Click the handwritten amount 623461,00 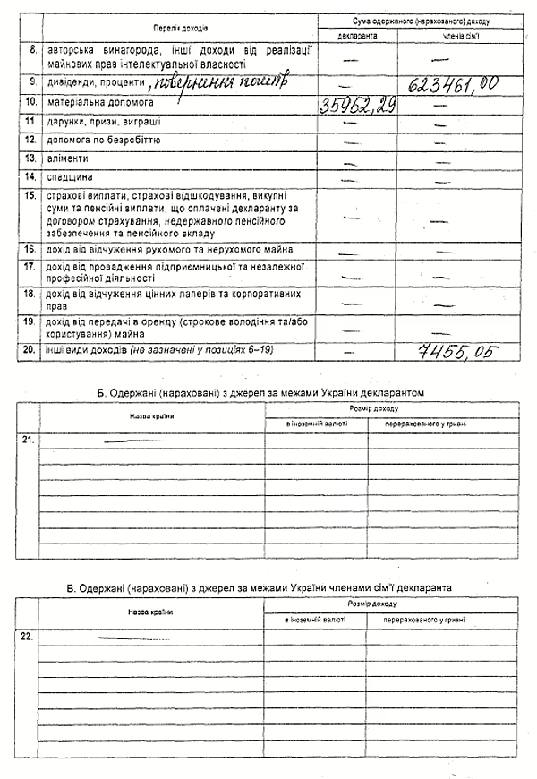click(x=452, y=86)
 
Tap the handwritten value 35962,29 click(x=357, y=106)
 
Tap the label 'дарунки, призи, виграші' click(x=98, y=122)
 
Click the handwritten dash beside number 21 click(x=131, y=440)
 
